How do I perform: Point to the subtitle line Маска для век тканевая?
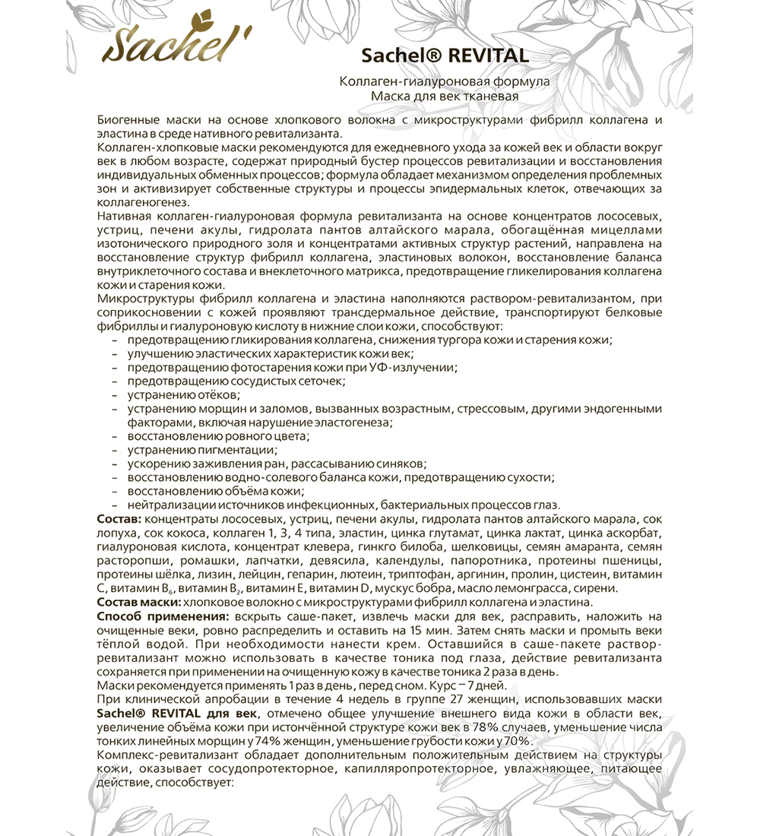[x=445, y=96]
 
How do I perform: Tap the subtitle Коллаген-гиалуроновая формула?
[x=445, y=82]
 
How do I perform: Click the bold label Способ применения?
[x=165, y=615]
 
